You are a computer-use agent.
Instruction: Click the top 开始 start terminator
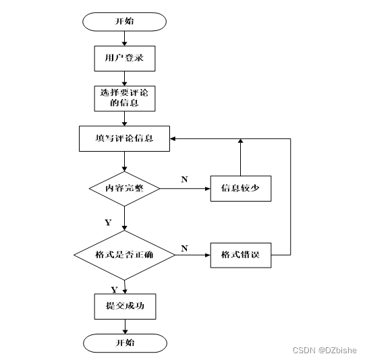124,22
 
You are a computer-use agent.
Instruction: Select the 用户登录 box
125,59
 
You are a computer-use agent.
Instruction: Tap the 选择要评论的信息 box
125,98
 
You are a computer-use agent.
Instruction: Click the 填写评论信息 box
124,138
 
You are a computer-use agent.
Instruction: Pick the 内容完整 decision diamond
124,189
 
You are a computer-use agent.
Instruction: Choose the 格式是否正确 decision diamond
124,255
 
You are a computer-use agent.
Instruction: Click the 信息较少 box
241,188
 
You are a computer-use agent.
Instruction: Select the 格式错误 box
241,256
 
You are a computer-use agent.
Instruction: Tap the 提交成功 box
125,307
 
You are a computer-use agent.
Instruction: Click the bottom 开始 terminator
125,343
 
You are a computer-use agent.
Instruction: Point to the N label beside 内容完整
184,179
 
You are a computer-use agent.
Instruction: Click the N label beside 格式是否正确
184,248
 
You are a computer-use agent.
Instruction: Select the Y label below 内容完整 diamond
108,222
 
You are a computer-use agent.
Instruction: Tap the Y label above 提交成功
114,290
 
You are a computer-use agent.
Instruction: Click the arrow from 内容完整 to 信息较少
185,189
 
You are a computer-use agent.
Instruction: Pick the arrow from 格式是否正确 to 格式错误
193,255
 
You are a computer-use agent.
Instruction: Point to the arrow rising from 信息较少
240,157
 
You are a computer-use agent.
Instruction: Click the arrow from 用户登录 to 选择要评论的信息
125,79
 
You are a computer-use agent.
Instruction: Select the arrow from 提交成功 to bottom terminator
125,326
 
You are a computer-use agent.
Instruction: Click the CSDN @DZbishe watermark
325,350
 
